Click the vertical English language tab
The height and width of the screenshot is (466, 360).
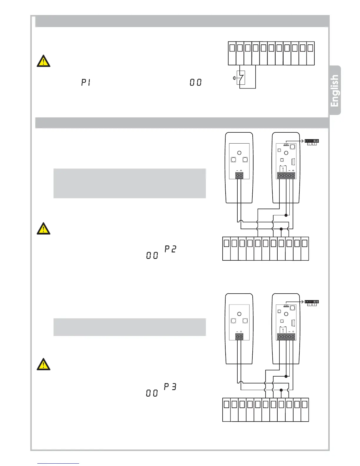(x=335, y=90)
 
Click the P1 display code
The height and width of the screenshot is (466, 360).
(x=86, y=83)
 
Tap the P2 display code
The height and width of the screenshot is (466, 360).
(x=170, y=249)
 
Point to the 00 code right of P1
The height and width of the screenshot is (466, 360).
(x=196, y=82)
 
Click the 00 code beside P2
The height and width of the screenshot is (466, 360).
(x=152, y=256)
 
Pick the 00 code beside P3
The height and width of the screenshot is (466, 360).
(x=152, y=393)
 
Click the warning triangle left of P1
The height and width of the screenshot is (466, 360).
(x=43, y=61)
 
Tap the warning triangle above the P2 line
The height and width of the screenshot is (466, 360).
(x=43, y=229)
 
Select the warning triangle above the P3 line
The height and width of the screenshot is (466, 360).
(x=43, y=364)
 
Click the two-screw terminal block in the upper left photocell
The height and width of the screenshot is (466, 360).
(x=239, y=176)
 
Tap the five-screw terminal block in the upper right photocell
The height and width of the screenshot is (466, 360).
(x=286, y=176)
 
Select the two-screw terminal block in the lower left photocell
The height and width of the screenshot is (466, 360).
(x=239, y=337)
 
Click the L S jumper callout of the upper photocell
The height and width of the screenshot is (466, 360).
(x=312, y=142)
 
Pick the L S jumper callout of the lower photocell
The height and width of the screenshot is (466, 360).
(x=312, y=303)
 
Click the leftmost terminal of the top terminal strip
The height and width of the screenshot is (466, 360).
(x=232, y=48)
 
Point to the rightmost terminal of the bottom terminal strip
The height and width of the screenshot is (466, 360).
(x=305, y=405)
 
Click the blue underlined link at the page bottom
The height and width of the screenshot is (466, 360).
(x=58, y=463)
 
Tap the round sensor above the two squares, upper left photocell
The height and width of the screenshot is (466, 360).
(x=239, y=153)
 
